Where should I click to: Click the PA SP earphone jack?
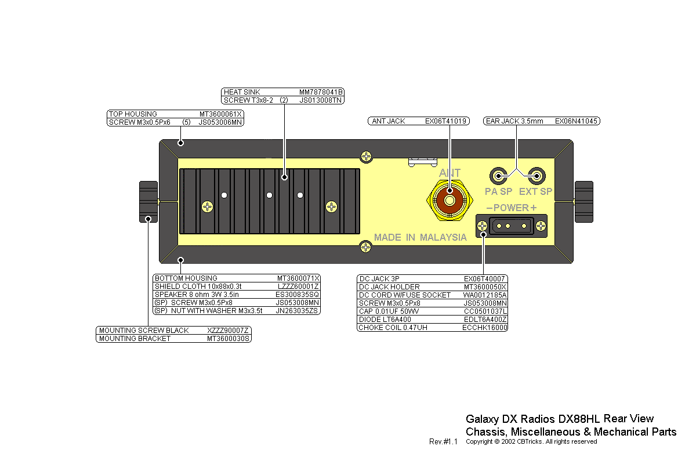(x=498, y=175)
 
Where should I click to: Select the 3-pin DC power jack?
(x=511, y=226)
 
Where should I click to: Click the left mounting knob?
(x=148, y=201)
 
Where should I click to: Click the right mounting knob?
(x=583, y=201)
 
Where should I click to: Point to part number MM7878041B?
(x=321, y=92)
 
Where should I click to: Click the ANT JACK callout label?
(x=389, y=121)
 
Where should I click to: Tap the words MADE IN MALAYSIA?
(x=420, y=237)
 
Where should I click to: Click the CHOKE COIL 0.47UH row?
(x=394, y=328)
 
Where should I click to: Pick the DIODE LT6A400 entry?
(x=386, y=320)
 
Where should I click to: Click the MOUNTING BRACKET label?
(x=135, y=339)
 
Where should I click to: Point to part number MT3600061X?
(x=220, y=114)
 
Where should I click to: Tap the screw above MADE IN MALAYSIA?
(x=365, y=246)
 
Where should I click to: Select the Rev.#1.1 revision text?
(x=443, y=442)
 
